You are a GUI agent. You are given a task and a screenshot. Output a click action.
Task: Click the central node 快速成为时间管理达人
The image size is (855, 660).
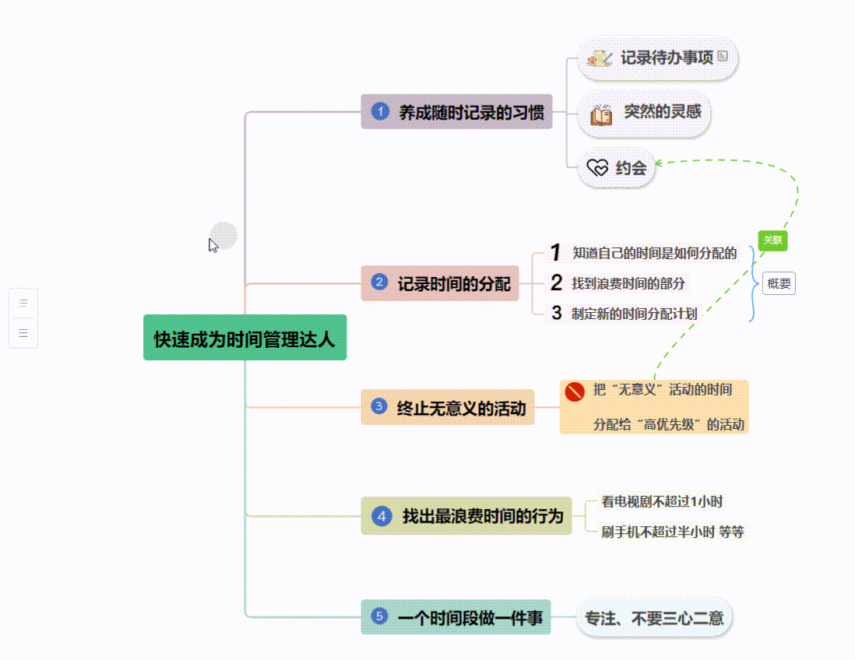pos(245,339)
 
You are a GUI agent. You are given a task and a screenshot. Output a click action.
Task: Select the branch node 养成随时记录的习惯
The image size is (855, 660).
pos(456,112)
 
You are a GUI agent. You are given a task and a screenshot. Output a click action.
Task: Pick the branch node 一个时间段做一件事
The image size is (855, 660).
pos(456,618)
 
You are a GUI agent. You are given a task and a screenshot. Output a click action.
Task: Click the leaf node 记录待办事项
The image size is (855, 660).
pos(658,58)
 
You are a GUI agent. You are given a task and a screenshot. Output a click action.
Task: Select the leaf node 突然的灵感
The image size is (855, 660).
pos(645,113)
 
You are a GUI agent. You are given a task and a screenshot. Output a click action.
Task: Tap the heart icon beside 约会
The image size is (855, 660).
pos(597,167)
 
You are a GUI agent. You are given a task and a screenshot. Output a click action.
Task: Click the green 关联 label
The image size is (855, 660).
pos(772,240)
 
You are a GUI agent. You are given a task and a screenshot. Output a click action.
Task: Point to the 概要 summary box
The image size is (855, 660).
pos(779,283)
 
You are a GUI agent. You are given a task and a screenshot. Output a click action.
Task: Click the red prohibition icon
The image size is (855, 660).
pos(575,391)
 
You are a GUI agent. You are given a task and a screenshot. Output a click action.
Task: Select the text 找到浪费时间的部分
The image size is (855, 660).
pos(628,283)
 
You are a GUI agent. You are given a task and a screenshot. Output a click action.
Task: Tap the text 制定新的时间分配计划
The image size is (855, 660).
pos(634,314)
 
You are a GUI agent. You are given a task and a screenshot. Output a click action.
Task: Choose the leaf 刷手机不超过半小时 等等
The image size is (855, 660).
pos(672,532)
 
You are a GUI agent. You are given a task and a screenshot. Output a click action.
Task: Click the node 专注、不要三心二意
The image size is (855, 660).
pos(654,618)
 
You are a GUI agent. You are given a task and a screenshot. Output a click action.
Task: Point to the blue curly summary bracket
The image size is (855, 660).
pos(751,283)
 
